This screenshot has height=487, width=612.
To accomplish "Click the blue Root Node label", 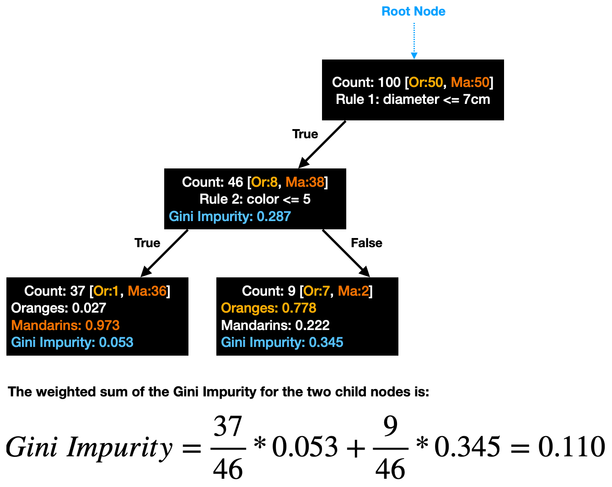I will point(413,11).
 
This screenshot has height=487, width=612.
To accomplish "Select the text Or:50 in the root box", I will point(426,82).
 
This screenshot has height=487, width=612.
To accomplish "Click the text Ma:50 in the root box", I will point(470,82).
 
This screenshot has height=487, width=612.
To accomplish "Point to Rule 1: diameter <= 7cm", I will point(413,99).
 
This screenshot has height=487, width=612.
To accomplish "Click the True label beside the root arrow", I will point(305,134).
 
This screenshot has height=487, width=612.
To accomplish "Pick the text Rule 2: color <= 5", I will point(255,199).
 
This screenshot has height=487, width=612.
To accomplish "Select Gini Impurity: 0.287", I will point(230,216).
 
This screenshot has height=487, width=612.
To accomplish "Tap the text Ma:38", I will point(305,182).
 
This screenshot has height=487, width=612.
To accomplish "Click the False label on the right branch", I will point(366,243).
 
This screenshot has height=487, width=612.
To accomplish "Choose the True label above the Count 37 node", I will point(147,243).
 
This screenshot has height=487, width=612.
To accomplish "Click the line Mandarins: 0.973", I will point(65,325).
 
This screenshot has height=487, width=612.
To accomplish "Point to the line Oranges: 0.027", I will point(59,308).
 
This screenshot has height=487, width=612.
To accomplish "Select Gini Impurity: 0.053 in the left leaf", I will point(72,342).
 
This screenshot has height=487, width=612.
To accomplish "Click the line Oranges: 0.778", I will point(268,308).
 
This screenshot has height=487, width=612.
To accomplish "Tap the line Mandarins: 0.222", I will point(275,325).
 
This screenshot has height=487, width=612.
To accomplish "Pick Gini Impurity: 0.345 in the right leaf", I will point(282,342).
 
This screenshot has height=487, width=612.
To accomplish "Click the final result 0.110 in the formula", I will point(571,447).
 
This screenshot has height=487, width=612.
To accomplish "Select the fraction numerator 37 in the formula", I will point(228,427).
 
